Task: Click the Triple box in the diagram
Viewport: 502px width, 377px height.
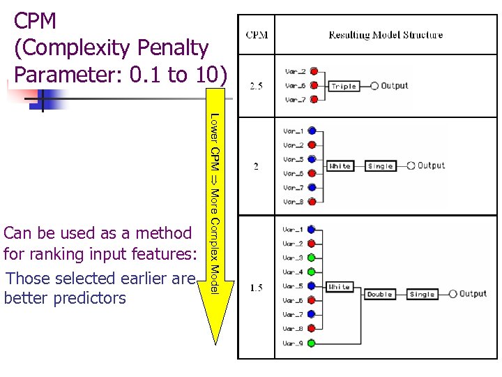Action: click(x=344, y=87)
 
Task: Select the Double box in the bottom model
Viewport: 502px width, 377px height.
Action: click(x=380, y=295)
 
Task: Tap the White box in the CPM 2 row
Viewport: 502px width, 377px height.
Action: click(x=340, y=166)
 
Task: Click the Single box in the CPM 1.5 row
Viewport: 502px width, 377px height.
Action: click(x=422, y=295)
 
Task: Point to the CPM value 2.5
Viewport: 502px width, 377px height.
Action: click(x=256, y=87)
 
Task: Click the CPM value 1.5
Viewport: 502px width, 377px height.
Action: click(x=256, y=288)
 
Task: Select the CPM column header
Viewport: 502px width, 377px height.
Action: click(x=256, y=35)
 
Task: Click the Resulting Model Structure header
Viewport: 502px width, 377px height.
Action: click(x=386, y=35)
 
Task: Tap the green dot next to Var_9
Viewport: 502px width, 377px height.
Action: click(x=312, y=343)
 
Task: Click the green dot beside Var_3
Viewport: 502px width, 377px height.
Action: click(x=312, y=258)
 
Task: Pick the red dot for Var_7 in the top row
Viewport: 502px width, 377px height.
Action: click(x=314, y=100)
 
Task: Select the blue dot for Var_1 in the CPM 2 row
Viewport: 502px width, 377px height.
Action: click(x=312, y=131)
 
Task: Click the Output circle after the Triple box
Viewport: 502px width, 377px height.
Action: click(x=375, y=87)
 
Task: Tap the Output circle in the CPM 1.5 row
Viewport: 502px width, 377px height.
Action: click(x=453, y=295)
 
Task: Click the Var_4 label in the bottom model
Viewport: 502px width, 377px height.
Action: click(x=293, y=272)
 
